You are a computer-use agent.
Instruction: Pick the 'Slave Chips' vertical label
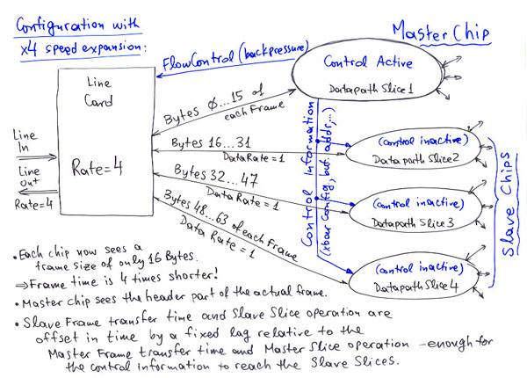pyautogui.click(x=509, y=202)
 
